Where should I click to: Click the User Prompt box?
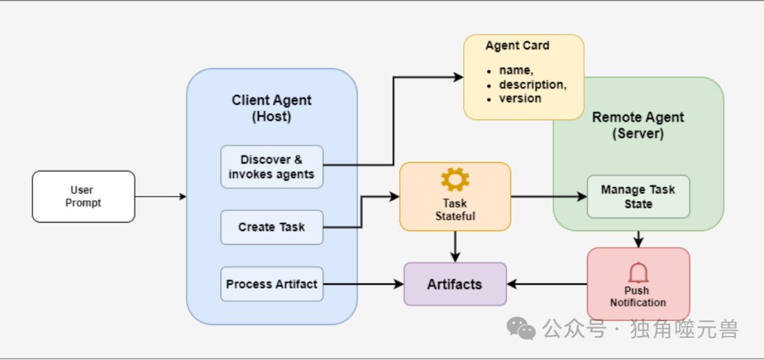83,197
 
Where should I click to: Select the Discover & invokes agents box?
272,167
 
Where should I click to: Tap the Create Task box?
272,227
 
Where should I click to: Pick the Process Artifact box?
272,284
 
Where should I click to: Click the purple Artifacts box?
455,284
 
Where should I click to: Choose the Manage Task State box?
638,197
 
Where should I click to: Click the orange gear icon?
455,180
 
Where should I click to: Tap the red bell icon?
638,272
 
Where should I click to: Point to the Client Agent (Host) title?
272,108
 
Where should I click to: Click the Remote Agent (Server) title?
638,125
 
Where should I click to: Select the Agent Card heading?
517,46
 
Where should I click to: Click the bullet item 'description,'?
533,85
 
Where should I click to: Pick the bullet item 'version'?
520,98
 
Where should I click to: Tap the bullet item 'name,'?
514,71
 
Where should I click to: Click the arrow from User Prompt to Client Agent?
161,197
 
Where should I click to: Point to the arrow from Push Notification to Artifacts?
547,284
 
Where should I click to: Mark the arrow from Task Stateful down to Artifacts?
455,247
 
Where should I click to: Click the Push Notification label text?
638,296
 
